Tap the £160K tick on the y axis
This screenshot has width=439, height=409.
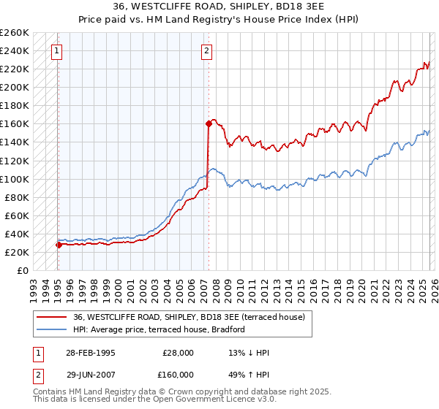click(15, 124)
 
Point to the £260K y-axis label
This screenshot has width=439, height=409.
click(15, 33)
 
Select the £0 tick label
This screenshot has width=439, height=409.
click(23, 271)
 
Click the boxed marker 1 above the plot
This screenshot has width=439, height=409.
click(57, 51)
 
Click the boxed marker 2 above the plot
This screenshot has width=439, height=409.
click(208, 51)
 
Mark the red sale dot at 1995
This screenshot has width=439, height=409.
click(59, 245)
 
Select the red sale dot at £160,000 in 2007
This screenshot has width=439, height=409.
click(209, 124)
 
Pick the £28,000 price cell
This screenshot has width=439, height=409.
click(178, 353)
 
